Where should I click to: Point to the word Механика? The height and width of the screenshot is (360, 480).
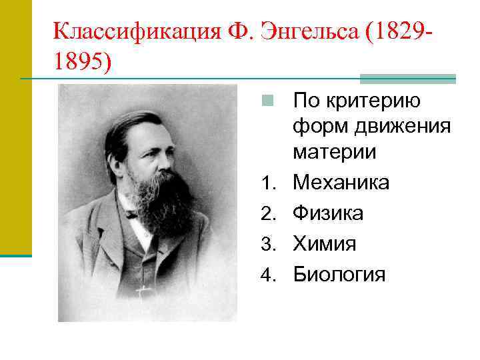(x=341, y=183)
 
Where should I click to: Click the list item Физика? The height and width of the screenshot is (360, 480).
(x=329, y=213)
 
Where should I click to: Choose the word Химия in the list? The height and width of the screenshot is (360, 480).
(x=325, y=244)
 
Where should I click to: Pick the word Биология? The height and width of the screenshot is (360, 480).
(x=339, y=275)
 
